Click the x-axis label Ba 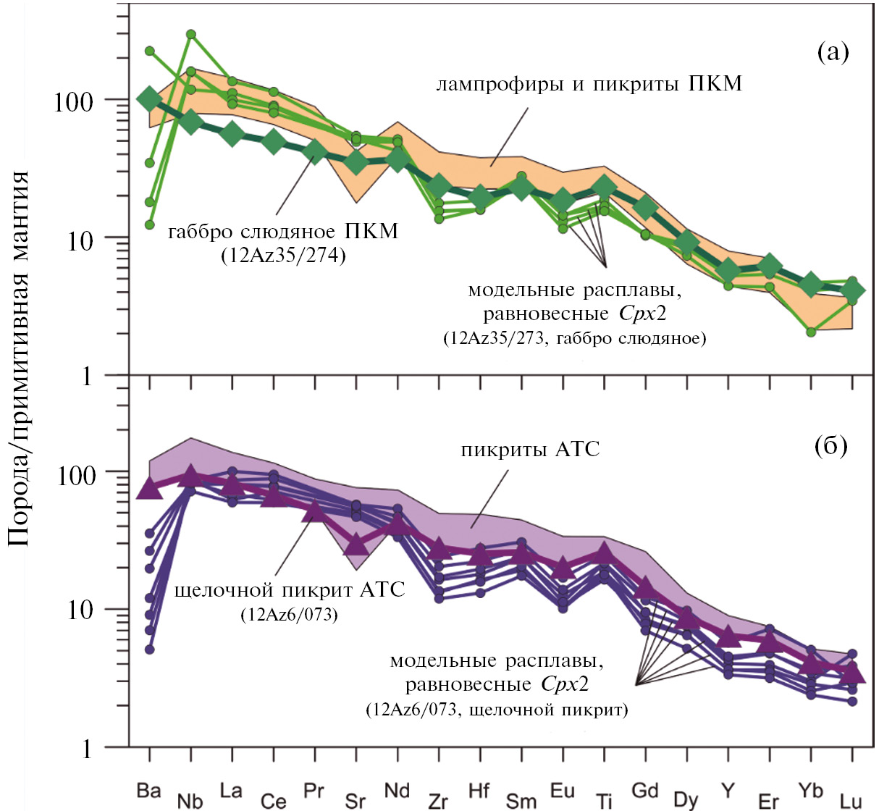click(148, 790)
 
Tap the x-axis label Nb click(190, 800)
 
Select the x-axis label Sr click(356, 800)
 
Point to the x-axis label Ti click(604, 800)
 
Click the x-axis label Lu click(851, 800)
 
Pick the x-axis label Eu click(563, 790)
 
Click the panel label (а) click(832, 52)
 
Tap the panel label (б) click(830, 446)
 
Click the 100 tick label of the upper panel click(74, 101)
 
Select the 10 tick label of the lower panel click(80, 610)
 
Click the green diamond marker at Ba click(149, 99)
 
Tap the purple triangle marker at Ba click(149, 489)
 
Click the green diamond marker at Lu click(852, 290)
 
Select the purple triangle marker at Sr click(356, 542)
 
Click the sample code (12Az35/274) click(283, 255)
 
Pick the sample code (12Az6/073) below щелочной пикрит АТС click(289, 615)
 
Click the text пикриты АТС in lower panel click(531, 450)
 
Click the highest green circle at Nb click(190, 34)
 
